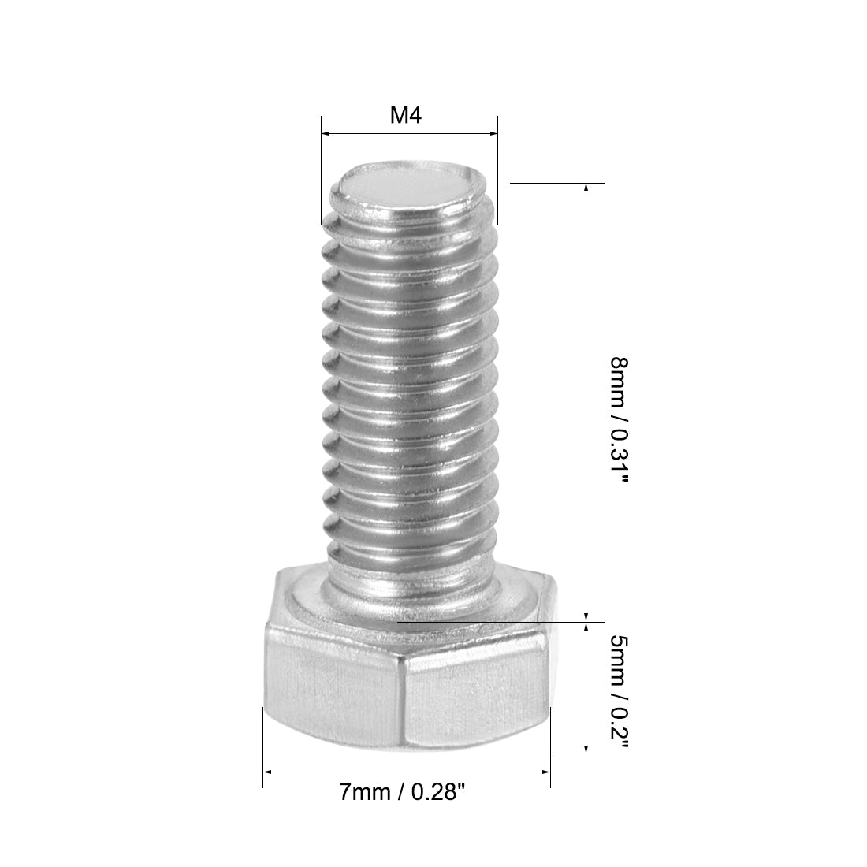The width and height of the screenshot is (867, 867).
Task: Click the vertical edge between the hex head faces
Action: [x=403, y=694]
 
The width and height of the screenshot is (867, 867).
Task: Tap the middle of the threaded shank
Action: [x=410, y=394]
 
